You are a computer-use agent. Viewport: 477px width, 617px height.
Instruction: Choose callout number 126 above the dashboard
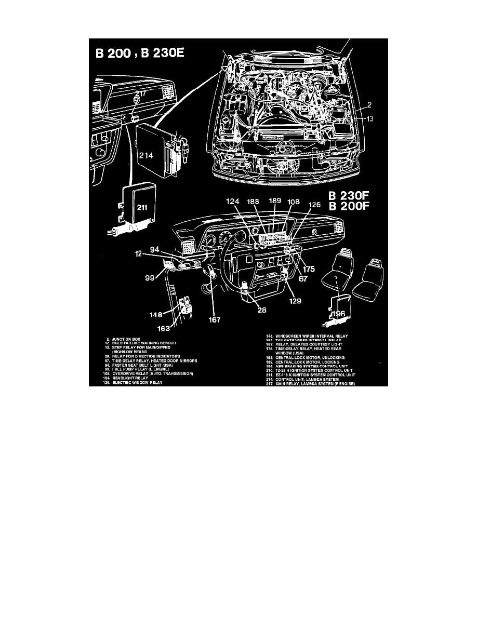[315, 204]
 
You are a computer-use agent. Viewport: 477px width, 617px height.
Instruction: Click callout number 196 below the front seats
[338, 313]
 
